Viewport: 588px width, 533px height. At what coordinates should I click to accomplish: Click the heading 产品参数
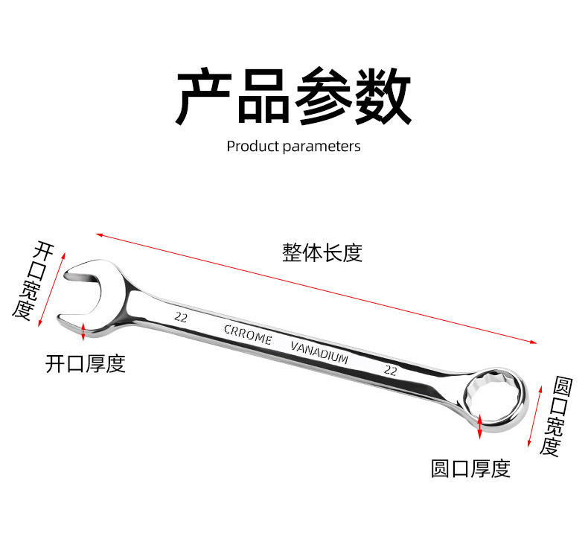[x=293, y=97]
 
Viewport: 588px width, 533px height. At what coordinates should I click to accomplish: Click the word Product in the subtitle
[x=253, y=146]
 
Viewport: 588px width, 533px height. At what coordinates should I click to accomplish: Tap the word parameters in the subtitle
[x=322, y=147]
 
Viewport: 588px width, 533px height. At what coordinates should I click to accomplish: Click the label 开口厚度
[x=86, y=363]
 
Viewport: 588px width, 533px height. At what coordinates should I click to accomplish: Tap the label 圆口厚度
[x=470, y=469]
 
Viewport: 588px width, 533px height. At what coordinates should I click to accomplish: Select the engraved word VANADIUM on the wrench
[x=319, y=352]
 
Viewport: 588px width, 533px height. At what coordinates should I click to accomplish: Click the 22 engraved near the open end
[x=179, y=316]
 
